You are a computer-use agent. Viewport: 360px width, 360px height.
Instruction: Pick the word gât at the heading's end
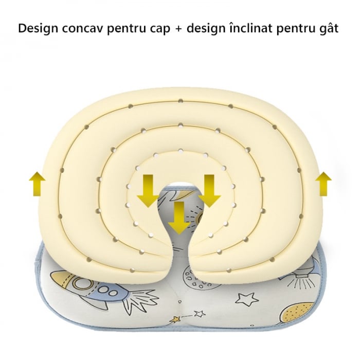[328, 28]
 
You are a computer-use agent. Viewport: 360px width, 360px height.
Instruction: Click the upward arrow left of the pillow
[37, 184]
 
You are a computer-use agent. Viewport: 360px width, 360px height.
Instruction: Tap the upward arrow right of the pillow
[323, 184]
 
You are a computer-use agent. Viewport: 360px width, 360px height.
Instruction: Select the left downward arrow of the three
[148, 190]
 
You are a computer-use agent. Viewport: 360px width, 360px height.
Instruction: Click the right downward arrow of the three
[209, 190]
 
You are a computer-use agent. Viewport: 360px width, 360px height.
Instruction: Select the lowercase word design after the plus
[206, 28]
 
